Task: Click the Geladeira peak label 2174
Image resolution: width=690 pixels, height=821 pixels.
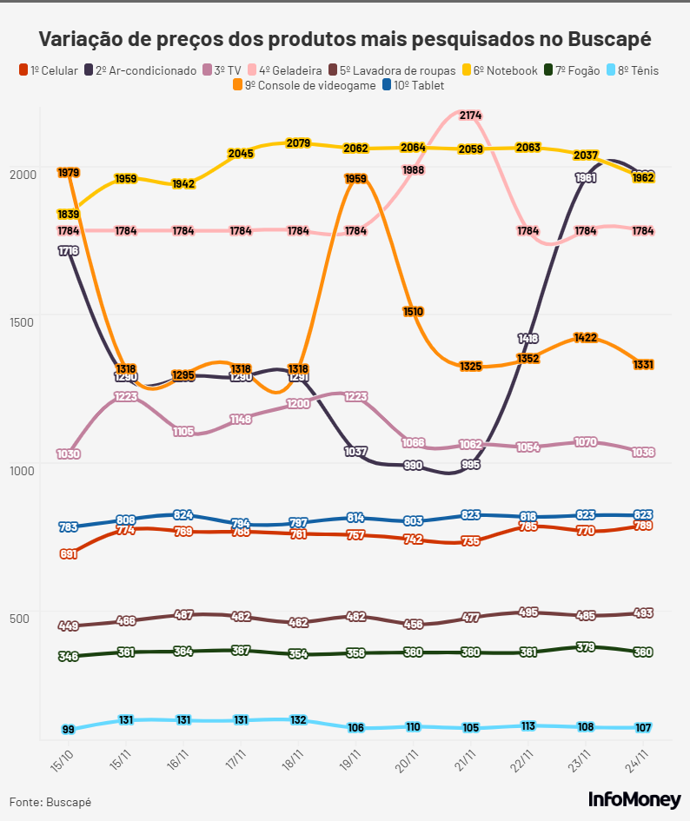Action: click(x=471, y=116)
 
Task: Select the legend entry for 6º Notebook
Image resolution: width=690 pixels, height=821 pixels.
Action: click(x=505, y=70)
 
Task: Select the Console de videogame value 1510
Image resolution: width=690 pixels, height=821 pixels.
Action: click(x=413, y=311)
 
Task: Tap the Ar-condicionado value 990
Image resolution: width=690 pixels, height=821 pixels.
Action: click(x=413, y=466)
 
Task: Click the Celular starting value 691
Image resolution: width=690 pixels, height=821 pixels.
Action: click(x=69, y=553)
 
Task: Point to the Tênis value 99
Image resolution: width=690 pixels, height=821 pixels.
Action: click(x=69, y=729)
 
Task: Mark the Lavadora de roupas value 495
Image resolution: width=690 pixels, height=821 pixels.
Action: click(x=527, y=612)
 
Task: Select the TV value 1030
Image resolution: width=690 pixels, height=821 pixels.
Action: click(x=69, y=454)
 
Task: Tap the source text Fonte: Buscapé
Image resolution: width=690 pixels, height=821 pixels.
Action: click(x=50, y=802)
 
